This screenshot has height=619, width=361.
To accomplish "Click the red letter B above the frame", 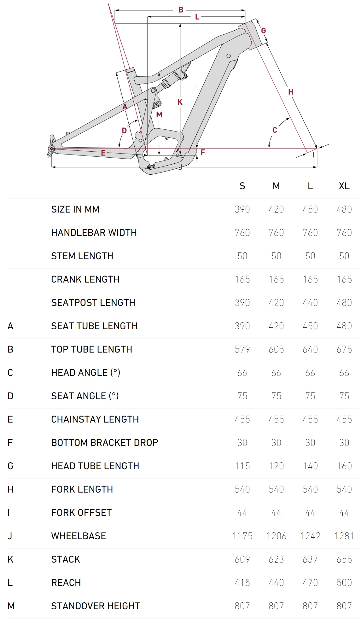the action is pos(181,10).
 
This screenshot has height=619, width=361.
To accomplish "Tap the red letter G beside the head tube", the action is pos(264,31).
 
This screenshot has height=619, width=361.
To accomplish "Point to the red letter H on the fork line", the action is pos(291,92).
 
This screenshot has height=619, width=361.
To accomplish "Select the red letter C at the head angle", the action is pos(275,130).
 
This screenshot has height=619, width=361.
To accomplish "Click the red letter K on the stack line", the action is pos(180,102).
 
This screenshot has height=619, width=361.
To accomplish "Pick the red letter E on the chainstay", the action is pos(103,153).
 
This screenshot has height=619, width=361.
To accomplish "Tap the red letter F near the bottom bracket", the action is pos(203,152).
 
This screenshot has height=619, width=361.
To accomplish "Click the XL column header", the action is pos(344,186).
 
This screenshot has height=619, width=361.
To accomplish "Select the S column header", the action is pos(242,186).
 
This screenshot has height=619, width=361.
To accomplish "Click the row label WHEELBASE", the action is pos(79,536).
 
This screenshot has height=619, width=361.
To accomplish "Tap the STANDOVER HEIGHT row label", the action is pos(96,606).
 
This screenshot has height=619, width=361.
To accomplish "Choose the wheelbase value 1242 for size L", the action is pos(310,536).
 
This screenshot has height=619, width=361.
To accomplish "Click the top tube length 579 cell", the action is pos(242,349).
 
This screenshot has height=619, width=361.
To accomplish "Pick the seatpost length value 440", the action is pos(310,302).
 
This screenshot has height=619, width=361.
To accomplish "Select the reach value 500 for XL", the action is pos(344,582).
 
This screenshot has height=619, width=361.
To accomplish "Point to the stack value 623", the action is pos(276,559).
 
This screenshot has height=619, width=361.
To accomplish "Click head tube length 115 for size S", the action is pos(242,466).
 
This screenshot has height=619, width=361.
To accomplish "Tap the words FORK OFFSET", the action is pos(81,512).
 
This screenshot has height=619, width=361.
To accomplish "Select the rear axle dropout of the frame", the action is pos(51,148).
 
